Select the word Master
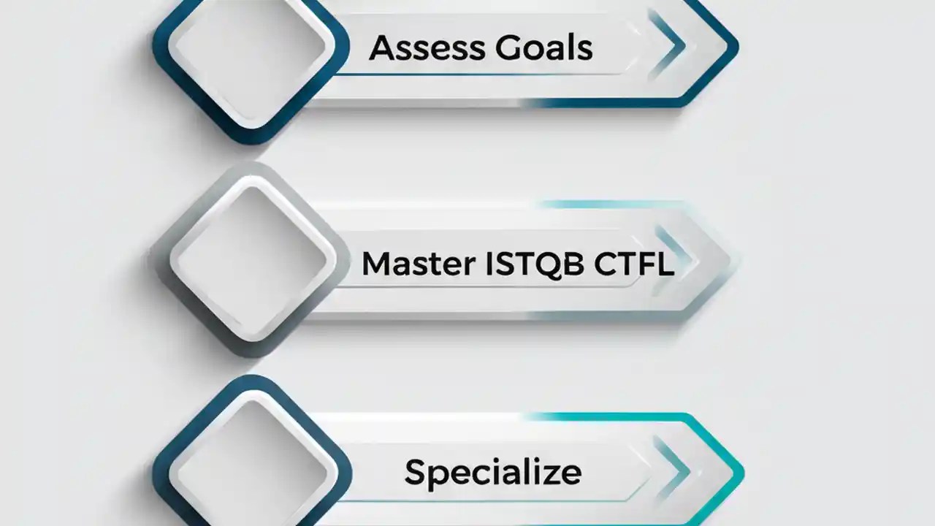click(x=418, y=264)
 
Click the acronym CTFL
click(x=633, y=264)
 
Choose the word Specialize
click(x=493, y=472)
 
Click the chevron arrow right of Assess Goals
click(x=669, y=46)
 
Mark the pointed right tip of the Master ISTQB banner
click(x=735, y=259)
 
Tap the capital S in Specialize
click(x=416, y=472)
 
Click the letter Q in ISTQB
click(x=550, y=264)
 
